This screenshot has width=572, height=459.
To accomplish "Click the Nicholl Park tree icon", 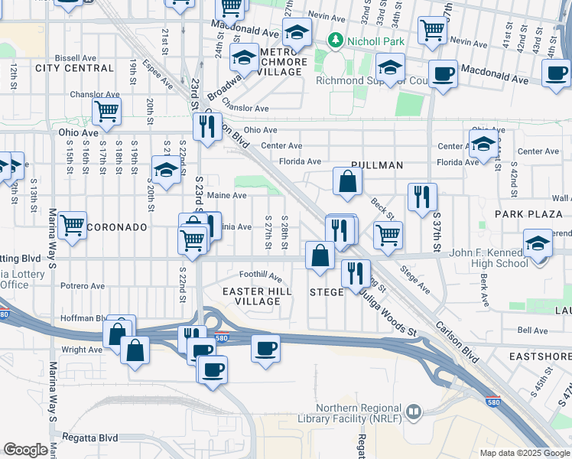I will point(335,39).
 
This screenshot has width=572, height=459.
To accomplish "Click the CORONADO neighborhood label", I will point(117,227).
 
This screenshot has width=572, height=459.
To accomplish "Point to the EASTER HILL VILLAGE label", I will point(252,296).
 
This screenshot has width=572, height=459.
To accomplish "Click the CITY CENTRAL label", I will point(63,68).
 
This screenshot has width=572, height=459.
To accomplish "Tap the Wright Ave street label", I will point(82,350).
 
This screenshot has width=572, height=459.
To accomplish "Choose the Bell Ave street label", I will point(532,330).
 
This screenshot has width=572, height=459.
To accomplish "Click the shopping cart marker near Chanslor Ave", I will point(106,112).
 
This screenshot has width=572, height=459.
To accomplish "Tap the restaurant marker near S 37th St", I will point(422,197).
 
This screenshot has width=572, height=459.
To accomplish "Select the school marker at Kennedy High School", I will point(538,245).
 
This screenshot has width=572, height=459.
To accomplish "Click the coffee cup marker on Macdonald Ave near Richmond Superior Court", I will point(443,74).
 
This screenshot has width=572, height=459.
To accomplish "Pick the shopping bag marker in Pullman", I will point(347,182).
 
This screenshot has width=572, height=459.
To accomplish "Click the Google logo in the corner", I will point(25,450).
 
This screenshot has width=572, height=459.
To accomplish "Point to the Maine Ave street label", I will point(226,195).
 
